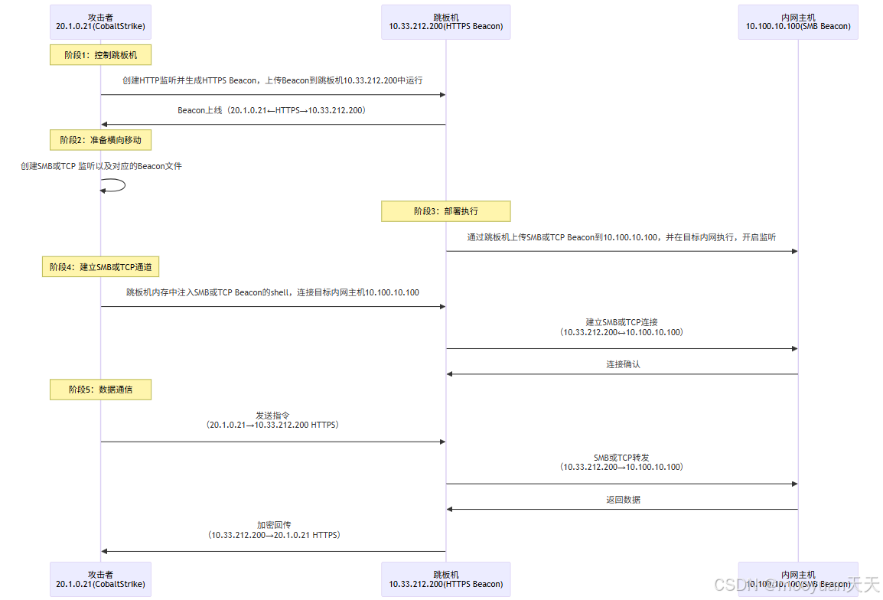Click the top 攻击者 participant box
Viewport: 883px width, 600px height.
[100, 21]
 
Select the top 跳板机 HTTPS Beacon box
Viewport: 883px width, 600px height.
[446, 21]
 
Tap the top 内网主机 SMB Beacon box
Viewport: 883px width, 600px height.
[798, 21]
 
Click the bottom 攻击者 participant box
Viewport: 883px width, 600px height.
[100, 579]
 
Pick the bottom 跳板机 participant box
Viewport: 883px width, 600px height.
[446, 579]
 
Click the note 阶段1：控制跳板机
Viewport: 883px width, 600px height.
[100, 55]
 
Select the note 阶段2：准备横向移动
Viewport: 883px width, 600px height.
[100, 140]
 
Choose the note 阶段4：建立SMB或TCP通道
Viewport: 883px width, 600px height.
[100, 267]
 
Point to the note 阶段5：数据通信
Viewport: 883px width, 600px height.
[100, 390]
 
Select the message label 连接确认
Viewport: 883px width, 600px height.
[623, 364]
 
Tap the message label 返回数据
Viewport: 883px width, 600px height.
[623, 500]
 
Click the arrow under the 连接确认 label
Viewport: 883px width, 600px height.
[621, 374]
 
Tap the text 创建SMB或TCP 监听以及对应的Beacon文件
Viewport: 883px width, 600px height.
[101, 165]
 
